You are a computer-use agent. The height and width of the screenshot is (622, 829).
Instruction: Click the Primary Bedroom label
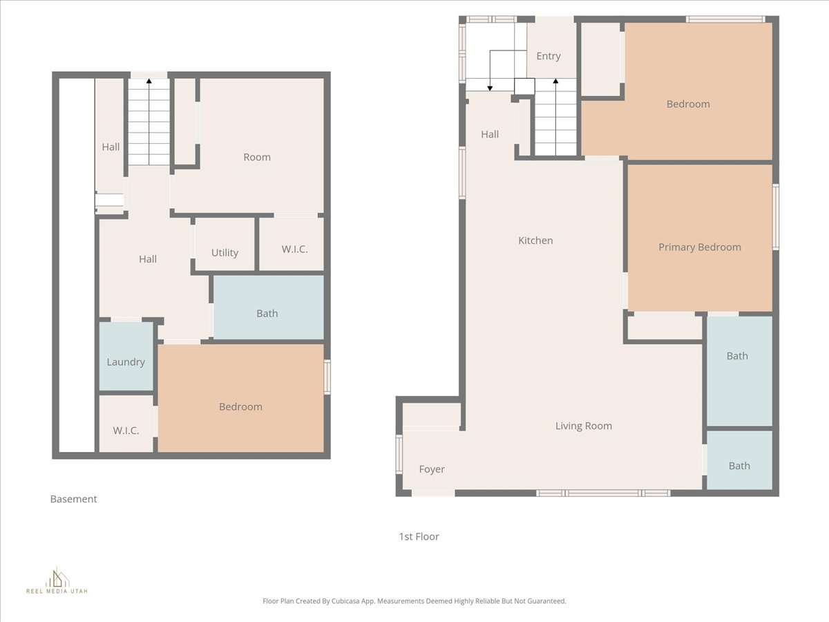tap(699, 247)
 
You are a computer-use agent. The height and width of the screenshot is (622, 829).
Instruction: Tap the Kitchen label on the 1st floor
tap(535, 241)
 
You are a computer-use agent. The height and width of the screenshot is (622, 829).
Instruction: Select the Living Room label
tap(583, 426)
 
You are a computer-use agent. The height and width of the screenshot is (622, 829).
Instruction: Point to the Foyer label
tap(432, 469)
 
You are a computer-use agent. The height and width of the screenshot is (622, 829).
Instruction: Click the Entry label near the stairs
tap(548, 56)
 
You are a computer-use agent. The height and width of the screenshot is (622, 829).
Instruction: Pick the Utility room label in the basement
tap(225, 253)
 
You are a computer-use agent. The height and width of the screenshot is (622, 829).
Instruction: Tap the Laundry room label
tap(126, 362)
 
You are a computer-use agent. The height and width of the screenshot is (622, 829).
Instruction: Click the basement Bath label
tap(267, 314)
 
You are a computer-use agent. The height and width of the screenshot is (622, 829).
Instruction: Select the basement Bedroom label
tap(240, 407)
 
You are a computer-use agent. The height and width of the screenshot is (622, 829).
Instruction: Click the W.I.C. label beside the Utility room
tap(294, 249)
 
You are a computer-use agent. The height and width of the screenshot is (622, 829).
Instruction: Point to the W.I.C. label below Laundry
tap(126, 431)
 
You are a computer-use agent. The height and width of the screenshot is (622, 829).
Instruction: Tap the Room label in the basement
tap(256, 158)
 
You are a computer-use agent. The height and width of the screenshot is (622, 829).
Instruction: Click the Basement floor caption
tap(73, 499)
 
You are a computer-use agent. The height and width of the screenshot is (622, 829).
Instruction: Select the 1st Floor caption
tap(419, 536)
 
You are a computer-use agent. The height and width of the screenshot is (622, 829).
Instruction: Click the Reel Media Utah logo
tap(57, 581)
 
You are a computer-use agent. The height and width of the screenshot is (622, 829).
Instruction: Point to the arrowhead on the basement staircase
tap(149, 82)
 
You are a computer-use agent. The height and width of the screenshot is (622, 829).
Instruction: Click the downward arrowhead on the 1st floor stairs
tap(490, 88)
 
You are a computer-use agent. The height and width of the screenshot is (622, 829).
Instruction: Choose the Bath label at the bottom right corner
tap(739, 466)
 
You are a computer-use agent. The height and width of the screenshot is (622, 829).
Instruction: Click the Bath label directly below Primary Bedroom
tap(736, 356)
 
